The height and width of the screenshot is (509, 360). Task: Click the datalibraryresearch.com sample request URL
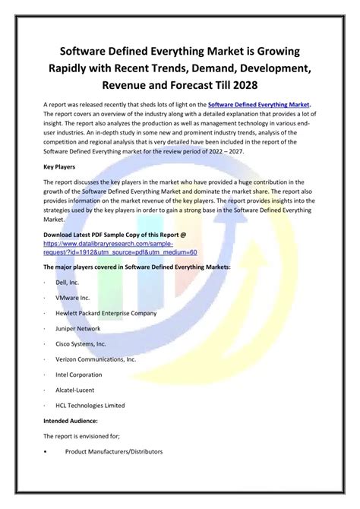click(x=120, y=247)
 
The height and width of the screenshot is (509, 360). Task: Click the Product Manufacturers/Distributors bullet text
click(x=114, y=452)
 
